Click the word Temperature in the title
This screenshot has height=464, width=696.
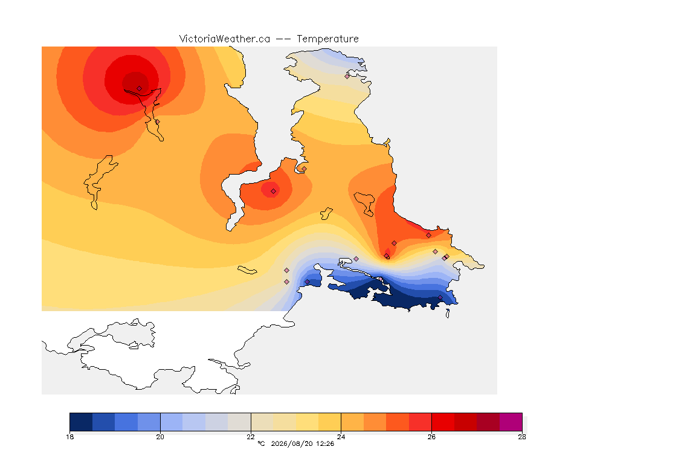[327, 39]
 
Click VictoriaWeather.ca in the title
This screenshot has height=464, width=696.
[225, 39]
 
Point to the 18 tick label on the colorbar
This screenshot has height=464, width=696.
[69, 437]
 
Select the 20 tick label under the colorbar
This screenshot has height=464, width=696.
[160, 437]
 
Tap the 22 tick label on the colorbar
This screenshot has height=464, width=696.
[251, 437]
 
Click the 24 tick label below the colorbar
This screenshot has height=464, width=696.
[341, 437]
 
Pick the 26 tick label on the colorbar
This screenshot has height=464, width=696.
[431, 437]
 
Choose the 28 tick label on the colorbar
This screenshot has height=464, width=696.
[522, 437]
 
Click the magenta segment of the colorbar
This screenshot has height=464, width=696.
[511, 422]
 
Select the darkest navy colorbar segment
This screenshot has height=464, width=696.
[81, 422]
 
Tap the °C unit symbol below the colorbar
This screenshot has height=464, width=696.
[261, 443]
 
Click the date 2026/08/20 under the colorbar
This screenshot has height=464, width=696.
[292, 443]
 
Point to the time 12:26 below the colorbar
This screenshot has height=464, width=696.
[325, 443]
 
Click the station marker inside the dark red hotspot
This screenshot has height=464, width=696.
[140, 89]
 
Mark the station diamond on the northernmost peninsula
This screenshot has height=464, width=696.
[347, 76]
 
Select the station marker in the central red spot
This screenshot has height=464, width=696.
[274, 191]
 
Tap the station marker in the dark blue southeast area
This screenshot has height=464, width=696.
[440, 297]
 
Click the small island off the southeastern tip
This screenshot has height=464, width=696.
[448, 314]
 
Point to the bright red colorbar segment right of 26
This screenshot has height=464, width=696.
[443, 422]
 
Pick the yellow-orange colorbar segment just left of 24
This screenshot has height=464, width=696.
[330, 422]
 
